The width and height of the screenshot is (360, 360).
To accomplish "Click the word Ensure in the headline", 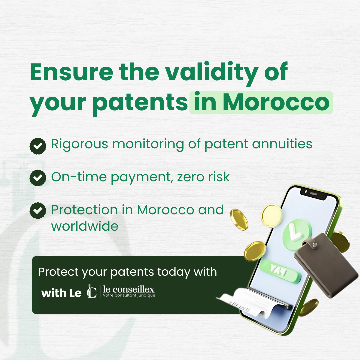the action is pyautogui.click(x=72, y=72).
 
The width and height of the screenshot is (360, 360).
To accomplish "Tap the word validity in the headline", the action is pyautogui.click(x=212, y=73).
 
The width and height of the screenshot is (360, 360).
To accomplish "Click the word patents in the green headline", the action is pyautogui.click(x=140, y=104).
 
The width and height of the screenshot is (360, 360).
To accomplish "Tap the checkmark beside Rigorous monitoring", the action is pyautogui.click(x=38, y=146).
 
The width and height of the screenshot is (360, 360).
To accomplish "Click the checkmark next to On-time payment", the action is pyautogui.click(x=38, y=178).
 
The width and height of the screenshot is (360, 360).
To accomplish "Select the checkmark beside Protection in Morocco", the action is pyautogui.click(x=38, y=211).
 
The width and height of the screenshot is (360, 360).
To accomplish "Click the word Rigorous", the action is pyautogui.click(x=79, y=145).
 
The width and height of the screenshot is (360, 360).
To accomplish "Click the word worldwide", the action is pyautogui.click(x=85, y=226).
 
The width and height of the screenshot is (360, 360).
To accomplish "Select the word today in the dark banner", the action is pyautogui.click(x=174, y=273).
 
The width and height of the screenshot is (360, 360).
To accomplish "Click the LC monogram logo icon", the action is pyautogui.click(x=92, y=291).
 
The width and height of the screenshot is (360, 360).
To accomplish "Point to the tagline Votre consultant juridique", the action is pyautogui.click(x=129, y=295).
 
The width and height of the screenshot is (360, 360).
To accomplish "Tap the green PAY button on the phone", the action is pyautogui.click(x=279, y=271).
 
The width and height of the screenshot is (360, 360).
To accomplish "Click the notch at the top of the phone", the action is pyautogui.click(x=313, y=194).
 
